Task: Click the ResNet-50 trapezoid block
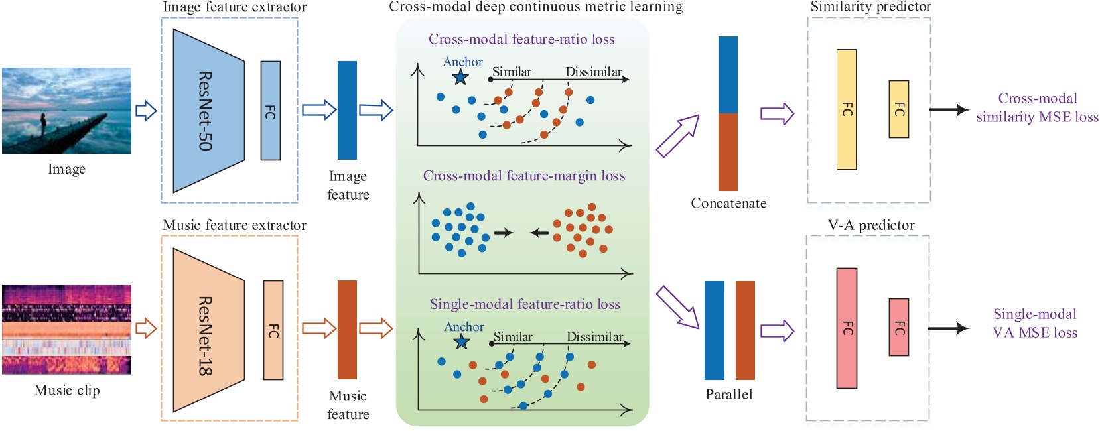(209, 111)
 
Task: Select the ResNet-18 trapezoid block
(209, 330)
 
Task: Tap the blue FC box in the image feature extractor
(271, 111)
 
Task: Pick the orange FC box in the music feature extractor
(273, 330)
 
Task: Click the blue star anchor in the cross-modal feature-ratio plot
(460, 77)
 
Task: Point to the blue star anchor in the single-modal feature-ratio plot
(462, 341)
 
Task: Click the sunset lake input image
(67, 111)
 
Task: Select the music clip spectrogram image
(67, 330)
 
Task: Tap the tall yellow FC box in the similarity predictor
(847, 109)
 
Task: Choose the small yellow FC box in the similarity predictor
(899, 109)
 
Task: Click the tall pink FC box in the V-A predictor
(847, 328)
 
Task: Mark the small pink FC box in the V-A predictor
(899, 327)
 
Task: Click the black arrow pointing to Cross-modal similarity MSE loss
(949, 109)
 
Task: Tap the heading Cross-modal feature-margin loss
(524, 176)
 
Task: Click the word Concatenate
(728, 203)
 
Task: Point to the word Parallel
(728, 394)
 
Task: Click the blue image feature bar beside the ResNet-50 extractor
(347, 111)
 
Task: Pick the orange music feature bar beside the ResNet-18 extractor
(347, 330)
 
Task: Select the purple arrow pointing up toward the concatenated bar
(677, 136)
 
